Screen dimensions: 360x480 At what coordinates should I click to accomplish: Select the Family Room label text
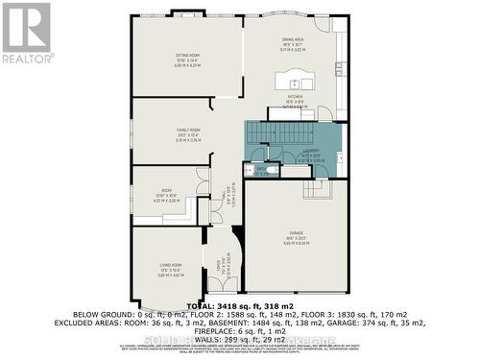tap(187, 130)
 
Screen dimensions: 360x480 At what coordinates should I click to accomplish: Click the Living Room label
tap(171, 265)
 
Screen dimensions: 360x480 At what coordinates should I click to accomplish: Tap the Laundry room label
tap(311, 151)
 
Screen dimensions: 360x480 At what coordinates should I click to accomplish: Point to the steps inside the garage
tap(316, 188)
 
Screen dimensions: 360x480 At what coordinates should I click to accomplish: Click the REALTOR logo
tap(26, 34)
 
